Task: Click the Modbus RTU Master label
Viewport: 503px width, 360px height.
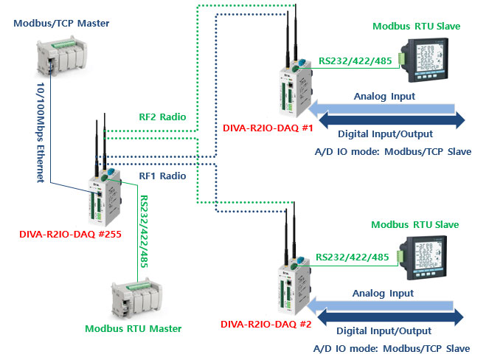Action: tap(133, 328)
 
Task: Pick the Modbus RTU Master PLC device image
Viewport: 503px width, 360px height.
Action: tap(137, 294)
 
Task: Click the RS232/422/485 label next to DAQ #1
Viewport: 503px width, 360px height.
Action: tap(353, 61)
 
